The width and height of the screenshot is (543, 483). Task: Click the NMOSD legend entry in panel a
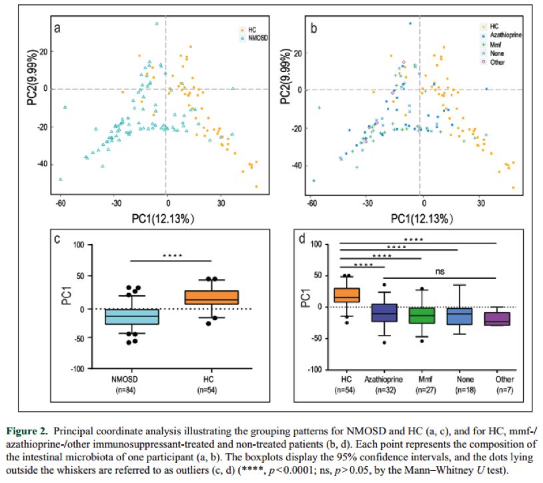254,39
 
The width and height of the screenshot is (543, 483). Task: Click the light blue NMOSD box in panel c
138,317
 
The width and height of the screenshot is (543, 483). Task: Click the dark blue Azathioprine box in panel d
384,312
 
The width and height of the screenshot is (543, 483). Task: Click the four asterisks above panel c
172,255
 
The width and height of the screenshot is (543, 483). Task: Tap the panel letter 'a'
58,28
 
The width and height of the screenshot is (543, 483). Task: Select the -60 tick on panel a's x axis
60,203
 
